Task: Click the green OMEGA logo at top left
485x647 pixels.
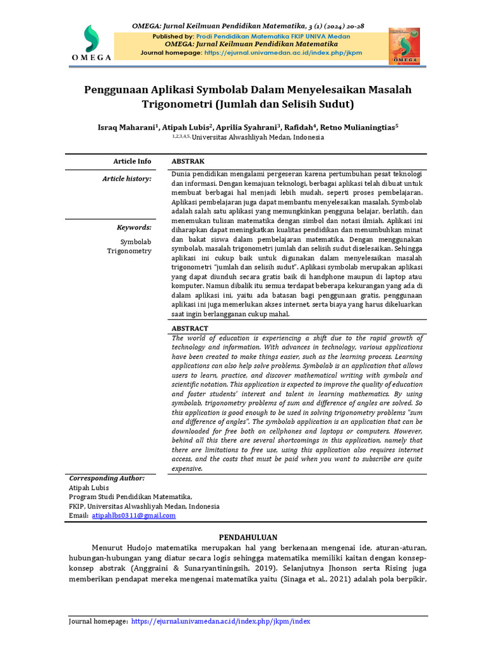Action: point(92,41)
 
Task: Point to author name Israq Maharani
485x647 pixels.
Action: point(123,127)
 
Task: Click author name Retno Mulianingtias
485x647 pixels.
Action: point(358,127)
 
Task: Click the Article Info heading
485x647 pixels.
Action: point(132,161)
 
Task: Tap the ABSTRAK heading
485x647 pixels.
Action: point(188,161)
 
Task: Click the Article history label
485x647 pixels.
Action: point(127,179)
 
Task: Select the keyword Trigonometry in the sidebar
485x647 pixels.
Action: point(130,251)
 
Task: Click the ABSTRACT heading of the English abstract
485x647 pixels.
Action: point(189,329)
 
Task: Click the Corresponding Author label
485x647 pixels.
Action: point(107,478)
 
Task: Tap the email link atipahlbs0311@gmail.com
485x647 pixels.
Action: point(133,516)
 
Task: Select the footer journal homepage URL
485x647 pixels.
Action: point(220,621)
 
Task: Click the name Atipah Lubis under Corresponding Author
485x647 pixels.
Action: point(88,488)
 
